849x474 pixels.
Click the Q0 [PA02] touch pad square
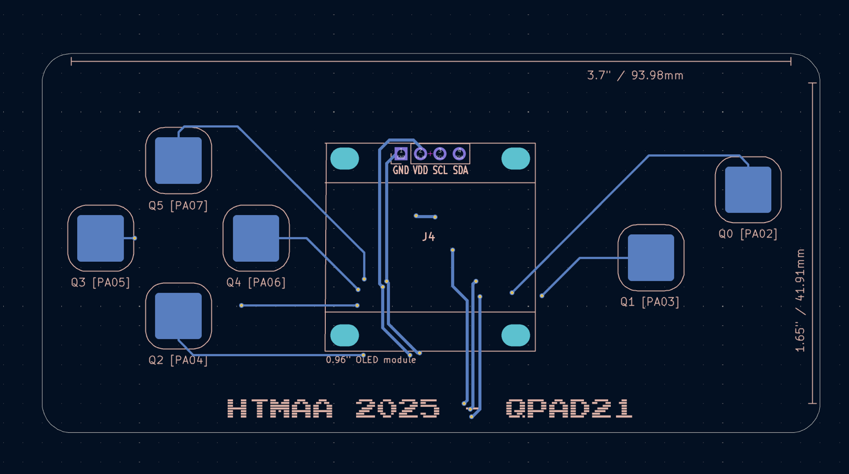pyautogui.click(x=748, y=190)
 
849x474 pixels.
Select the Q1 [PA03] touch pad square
pyautogui.click(x=651, y=257)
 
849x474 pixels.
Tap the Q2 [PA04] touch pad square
pyautogui.click(x=178, y=316)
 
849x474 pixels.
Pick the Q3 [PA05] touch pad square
pyautogui.click(x=100, y=238)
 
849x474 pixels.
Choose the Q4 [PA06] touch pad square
pyautogui.click(x=256, y=238)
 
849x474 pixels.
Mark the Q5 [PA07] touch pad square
pyautogui.click(x=178, y=160)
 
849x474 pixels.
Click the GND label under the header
pyautogui.click(x=401, y=171)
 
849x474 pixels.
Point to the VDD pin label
pyautogui.click(x=420, y=171)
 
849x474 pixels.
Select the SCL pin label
pyautogui.click(x=440, y=171)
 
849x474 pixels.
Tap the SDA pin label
pyautogui.click(x=460, y=171)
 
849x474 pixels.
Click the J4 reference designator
pyautogui.click(x=428, y=237)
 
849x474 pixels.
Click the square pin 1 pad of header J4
pyautogui.click(x=401, y=154)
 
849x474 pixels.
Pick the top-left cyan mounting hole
pyautogui.click(x=345, y=159)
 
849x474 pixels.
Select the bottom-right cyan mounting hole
pyautogui.click(x=515, y=335)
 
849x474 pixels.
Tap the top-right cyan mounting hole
pyautogui.click(x=515, y=159)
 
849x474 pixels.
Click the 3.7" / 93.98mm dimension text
pyautogui.click(x=635, y=76)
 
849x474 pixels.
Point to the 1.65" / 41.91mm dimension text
pyautogui.click(x=800, y=300)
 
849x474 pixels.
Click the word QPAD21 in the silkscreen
pyautogui.click(x=569, y=409)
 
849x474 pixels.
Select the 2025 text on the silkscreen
pyautogui.click(x=397, y=409)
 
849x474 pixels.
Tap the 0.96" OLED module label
pyautogui.click(x=371, y=360)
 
